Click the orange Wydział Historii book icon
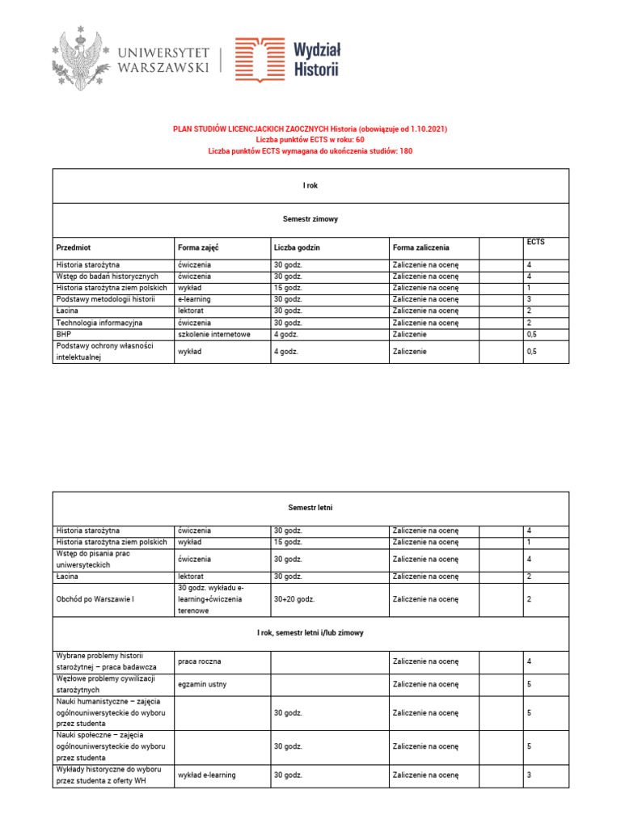point(260,60)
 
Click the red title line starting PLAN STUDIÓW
point(310,129)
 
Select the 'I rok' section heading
point(310,186)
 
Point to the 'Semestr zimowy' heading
point(310,219)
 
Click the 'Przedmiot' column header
point(74,247)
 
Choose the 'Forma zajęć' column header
point(199,247)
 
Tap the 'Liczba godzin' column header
point(297,247)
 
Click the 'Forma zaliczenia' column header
point(420,247)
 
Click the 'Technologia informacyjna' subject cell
point(99,323)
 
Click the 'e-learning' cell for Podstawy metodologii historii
point(196,299)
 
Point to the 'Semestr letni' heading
point(310,508)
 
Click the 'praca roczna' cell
point(200,661)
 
